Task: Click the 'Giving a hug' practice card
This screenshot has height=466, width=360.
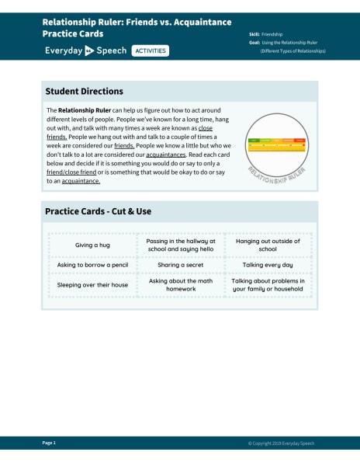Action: point(92,245)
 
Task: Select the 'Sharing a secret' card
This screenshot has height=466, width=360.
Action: point(180,265)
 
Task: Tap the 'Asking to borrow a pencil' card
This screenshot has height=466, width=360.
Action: point(92,265)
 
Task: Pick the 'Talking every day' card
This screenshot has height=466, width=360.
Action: point(268,265)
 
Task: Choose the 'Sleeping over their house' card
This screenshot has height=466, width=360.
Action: point(92,285)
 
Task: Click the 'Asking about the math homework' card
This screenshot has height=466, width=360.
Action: point(180,285)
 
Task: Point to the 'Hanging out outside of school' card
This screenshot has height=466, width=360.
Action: point(268,245)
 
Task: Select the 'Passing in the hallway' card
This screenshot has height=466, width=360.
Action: point(180,245)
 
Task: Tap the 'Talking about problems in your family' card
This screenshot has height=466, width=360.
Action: point(268,285)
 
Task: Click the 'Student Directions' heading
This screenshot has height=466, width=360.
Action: point(84,91)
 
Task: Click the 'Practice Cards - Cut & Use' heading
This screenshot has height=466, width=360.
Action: point(98,210)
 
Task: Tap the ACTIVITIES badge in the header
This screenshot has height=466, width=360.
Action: point(150,50)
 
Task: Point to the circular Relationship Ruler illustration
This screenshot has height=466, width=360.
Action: point(276,145)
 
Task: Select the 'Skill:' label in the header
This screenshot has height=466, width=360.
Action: point(254,34)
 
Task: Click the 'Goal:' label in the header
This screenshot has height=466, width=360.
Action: point(254,43)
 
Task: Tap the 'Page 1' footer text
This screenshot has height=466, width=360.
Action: point(49,443)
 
